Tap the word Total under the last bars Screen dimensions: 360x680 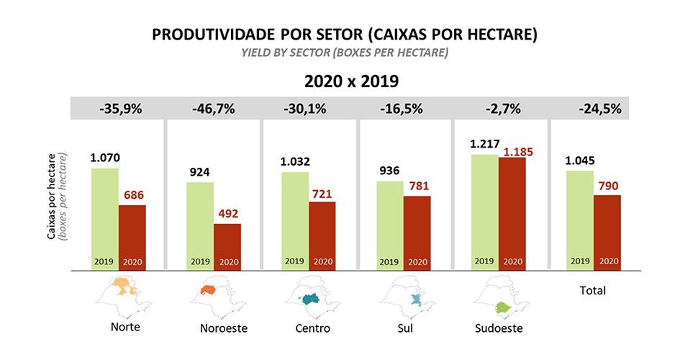coord(592,291)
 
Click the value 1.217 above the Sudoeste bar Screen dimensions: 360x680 coord(484,145)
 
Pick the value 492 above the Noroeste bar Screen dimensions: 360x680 coord(227,213)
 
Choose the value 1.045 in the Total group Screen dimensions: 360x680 coord(581,161)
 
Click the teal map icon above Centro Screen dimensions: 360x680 coord(310,299)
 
